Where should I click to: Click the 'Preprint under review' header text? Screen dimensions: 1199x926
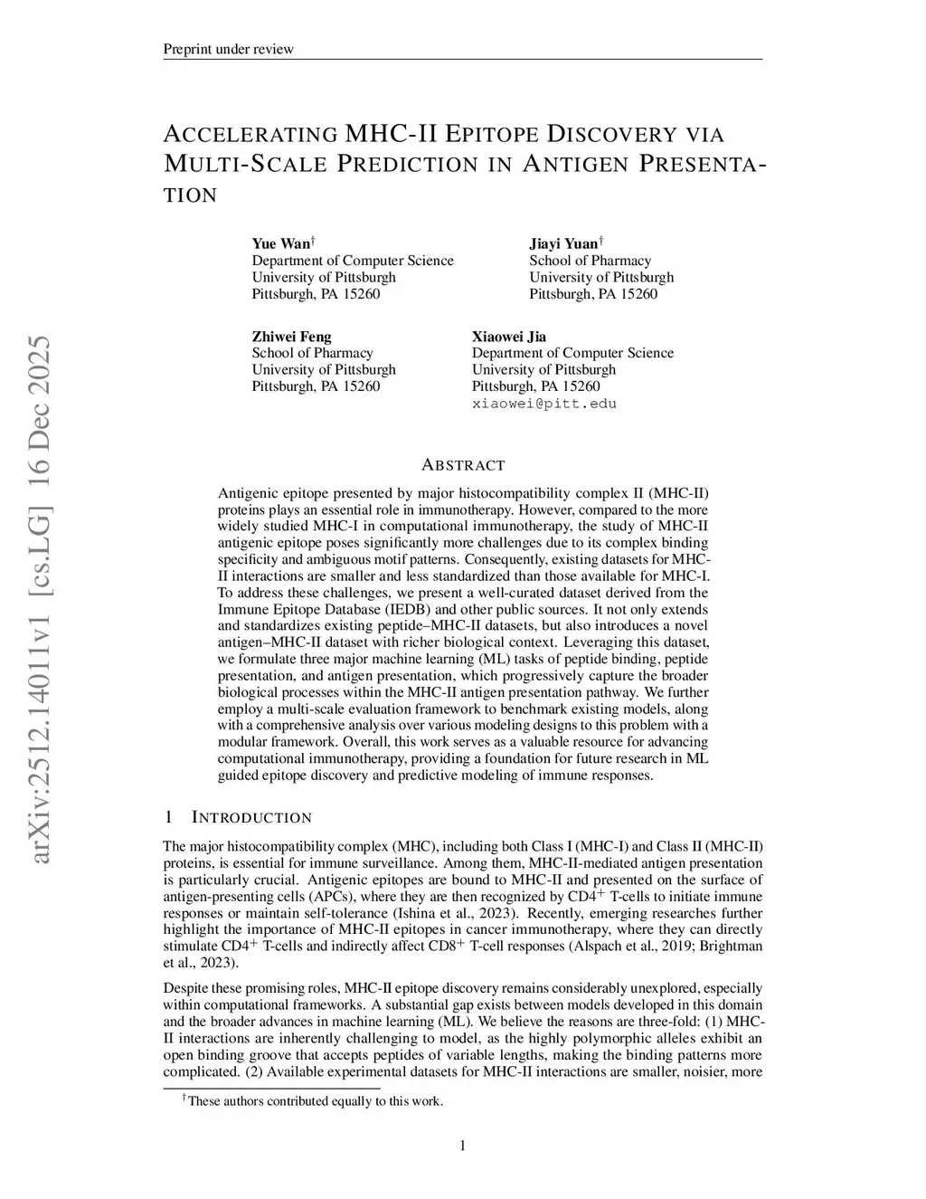[x=228, y=49]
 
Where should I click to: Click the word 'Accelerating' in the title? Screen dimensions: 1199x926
[x=250, y=135]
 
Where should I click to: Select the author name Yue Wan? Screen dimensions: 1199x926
[x=280, y=243]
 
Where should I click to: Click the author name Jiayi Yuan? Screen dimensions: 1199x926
[x=563, y=243]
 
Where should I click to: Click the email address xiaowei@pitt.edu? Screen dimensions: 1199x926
[x=543, y=404]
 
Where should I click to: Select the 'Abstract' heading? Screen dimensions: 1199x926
[x=463, y=465]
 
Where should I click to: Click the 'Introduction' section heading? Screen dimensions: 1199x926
[x=250, y=818]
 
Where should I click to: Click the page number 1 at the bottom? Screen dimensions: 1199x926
[x=463, y=1146]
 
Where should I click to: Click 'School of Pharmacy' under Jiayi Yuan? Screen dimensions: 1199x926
[x=590, y=261]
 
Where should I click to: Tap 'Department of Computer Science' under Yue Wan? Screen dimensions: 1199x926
[x=353, y=261]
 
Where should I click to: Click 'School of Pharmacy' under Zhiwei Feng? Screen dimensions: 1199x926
[x=312, y=353]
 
